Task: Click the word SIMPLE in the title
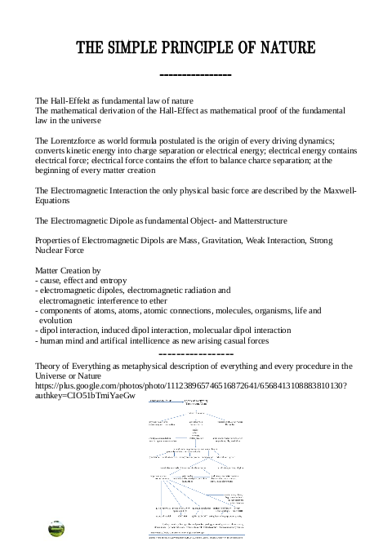(x=140, y=48)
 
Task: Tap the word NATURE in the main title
(x=283, y=48)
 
